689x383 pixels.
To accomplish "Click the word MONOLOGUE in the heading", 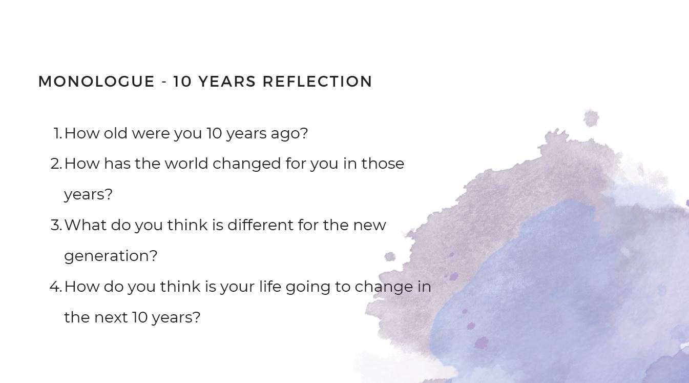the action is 96,82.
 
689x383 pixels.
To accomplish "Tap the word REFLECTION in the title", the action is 317,82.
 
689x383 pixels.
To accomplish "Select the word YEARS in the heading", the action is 227,82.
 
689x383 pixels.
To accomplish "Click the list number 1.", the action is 58,133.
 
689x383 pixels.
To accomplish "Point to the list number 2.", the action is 56,164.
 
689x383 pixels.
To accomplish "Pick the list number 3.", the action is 56,225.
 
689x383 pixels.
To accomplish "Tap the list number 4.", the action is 56,287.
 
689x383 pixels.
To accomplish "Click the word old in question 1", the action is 115,133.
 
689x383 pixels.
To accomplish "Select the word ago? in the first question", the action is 289,135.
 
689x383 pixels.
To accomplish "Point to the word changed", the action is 247,165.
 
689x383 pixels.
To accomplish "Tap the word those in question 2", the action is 383,164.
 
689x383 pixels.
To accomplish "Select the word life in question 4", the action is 270,287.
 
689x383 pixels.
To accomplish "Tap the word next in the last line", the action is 111,318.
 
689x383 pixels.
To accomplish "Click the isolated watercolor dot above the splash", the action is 591,118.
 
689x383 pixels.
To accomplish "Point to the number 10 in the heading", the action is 183,82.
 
